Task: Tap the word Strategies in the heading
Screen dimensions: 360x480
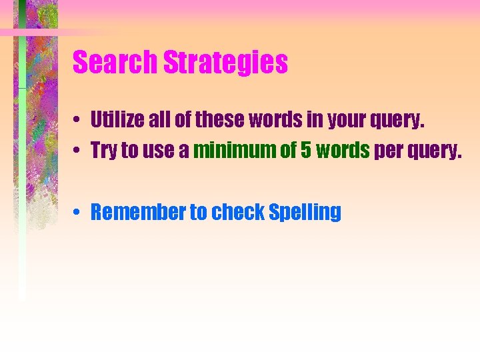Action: pyautogui.click(x=226, y=63)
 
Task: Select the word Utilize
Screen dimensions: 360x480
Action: pyautogui.click(x=113, y=120)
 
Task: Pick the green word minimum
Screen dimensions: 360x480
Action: pyautogui.click(x=235, y=151)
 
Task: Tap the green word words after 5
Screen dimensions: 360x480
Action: pyautogui.click(x=343, y=151)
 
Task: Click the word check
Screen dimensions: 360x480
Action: pyautogui.click(x=238, y=212)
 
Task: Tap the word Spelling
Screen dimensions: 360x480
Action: pyautogui.click(x=305, y=213)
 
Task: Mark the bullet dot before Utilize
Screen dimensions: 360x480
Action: pyautogui.click(x=79, y=121)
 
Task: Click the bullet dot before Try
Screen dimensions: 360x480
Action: pyautogui.click(x=79, y=151)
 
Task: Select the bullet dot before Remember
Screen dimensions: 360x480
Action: pyautogui.click(x=79, y=213)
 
